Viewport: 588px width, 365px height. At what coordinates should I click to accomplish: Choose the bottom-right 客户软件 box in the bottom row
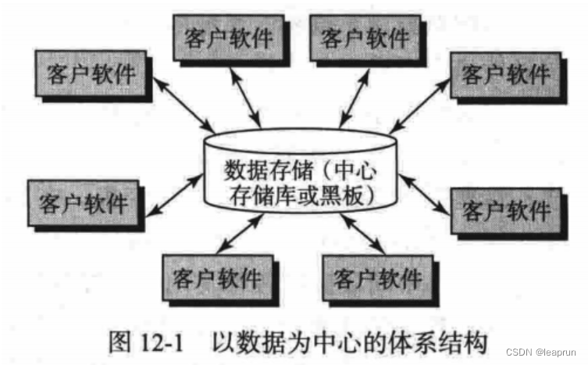coord(376,277)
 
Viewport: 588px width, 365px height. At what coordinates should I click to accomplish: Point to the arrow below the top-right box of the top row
coord(349,98)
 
